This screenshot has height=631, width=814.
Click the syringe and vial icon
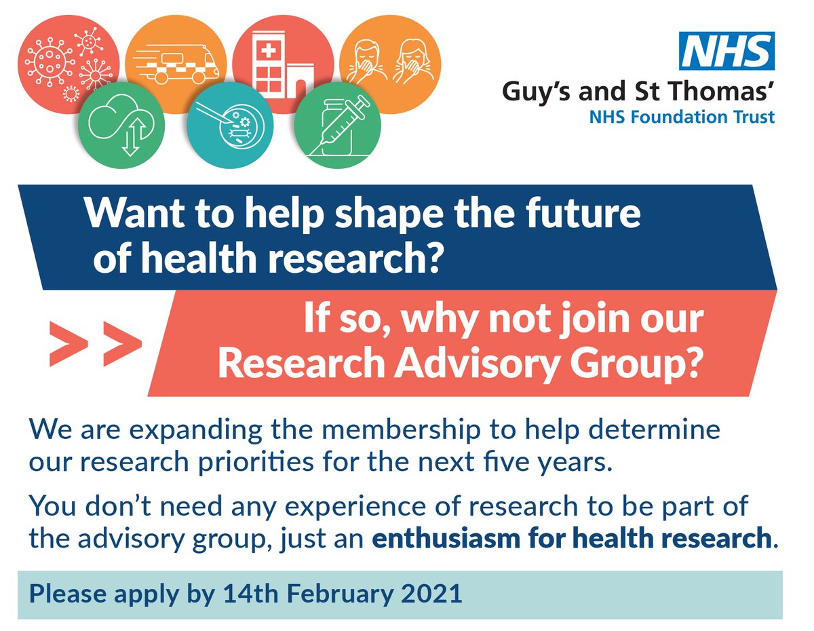(x=336, y=125)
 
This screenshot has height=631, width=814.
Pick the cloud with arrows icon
(x=121, y=126)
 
